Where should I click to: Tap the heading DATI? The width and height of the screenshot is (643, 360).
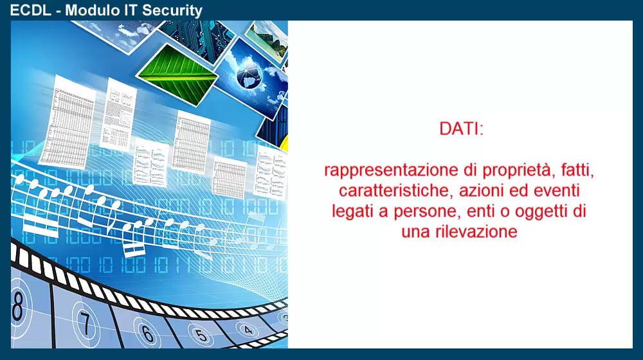[461, 129]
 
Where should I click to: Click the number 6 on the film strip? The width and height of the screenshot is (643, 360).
[147, 334]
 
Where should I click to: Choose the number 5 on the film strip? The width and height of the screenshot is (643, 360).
[201, 335]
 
